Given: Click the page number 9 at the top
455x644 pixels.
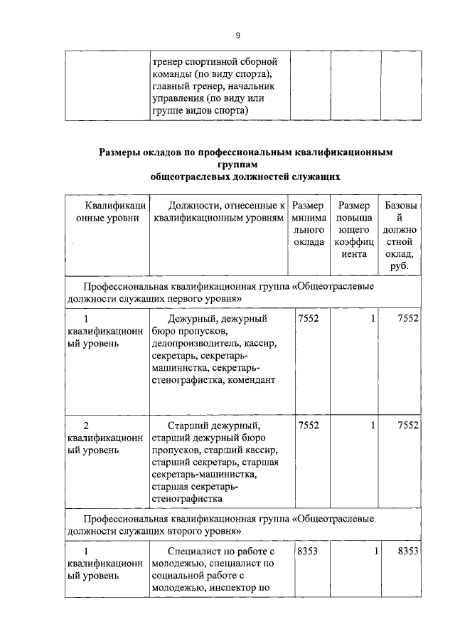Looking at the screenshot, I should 239,36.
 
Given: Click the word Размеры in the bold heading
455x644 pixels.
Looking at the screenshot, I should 122,152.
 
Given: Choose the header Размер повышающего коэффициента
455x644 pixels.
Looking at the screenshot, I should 353,230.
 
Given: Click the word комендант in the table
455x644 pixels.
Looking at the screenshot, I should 252,380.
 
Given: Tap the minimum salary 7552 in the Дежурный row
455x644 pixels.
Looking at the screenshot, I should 309,318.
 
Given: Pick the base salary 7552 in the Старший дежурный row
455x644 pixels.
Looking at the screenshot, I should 407,425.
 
